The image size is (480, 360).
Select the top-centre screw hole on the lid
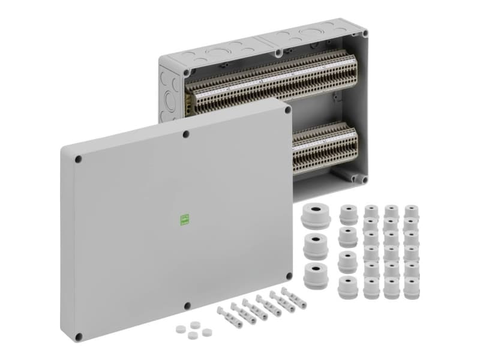[187, 134]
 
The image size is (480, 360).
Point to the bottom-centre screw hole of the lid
[187, 306]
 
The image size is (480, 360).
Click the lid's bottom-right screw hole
[289, 277]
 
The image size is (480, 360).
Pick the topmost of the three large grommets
[316, 215]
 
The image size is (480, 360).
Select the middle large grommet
[316, 245]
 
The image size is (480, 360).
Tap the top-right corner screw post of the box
[362, 34]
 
